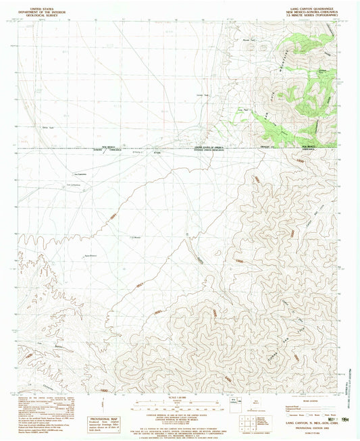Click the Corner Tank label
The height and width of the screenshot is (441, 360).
pyautogui.click(x=200, y=95)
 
